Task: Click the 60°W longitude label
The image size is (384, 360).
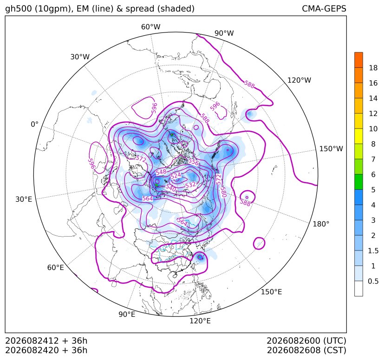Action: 150,27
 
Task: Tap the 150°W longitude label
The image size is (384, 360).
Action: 331,149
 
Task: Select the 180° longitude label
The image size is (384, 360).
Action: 321,224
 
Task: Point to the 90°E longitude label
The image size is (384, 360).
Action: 127,315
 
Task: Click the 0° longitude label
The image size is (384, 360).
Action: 34,124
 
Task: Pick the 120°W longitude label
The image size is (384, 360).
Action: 299,80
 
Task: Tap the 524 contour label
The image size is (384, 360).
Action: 176,176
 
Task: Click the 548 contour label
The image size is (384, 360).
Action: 161,172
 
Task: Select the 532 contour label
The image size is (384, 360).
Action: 190,185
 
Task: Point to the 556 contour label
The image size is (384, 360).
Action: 194,162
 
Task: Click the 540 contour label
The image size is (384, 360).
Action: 170,188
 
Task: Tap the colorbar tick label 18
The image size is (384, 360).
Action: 373,68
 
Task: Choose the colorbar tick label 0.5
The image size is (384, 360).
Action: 373,281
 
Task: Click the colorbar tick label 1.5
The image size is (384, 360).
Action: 373,251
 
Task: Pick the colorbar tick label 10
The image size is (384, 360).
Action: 373,129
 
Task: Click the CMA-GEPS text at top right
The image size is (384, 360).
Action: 324,9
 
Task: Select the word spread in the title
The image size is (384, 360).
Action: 140,9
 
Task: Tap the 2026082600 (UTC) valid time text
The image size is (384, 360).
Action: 306,341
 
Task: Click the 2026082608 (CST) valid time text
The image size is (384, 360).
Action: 306,350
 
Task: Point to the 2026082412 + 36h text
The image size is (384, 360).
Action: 46,341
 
